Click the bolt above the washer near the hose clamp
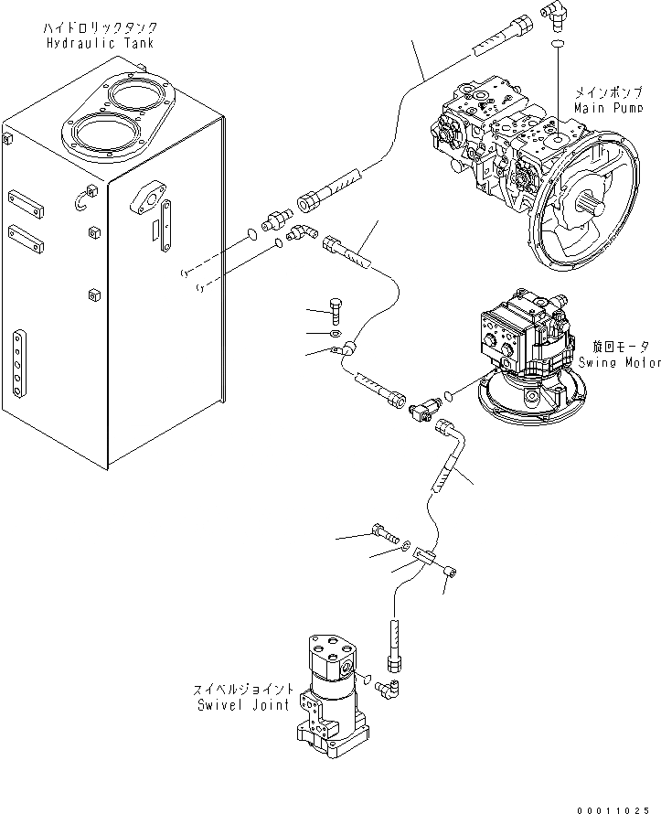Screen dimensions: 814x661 (x=336, y=310)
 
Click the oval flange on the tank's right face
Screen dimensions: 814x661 (x=147, y=198)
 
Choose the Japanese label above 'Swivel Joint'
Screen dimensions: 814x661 (x=242, y=689)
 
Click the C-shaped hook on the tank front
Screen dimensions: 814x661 (x=90, y=197)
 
